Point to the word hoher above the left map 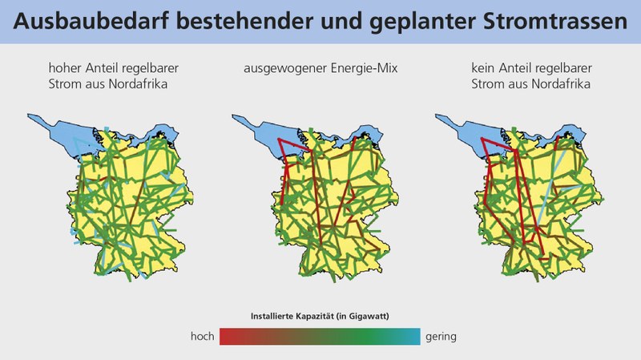[64, 68]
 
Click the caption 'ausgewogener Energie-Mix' [321, 68]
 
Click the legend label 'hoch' [202, 337]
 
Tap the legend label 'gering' [441, 337]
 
